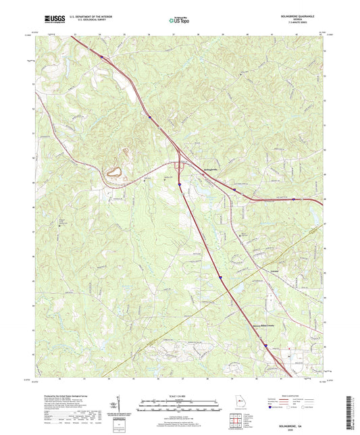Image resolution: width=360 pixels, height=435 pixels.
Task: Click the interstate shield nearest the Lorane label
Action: [x=220, y=277]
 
